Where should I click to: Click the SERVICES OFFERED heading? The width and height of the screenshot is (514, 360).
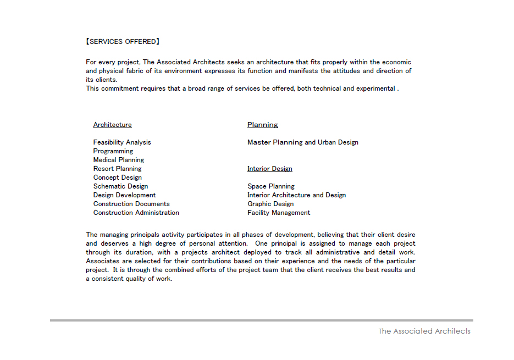click(x=123, y=42)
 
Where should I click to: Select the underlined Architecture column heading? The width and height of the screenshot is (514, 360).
click(x=112, y=125)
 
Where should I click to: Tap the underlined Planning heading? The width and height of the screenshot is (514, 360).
click(x=262, y=125)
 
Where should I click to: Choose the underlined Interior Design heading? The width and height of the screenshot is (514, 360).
click(x=269, y=169)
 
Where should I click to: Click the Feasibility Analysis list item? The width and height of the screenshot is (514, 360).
click(x=121, y=142)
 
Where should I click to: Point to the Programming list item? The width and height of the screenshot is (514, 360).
click(x=113, y=151)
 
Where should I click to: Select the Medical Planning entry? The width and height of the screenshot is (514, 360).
click(x=118, y=160)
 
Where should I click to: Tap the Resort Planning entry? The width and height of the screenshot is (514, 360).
click(x=117, y=169)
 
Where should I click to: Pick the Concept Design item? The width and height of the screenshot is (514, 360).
click(x=117, y=178)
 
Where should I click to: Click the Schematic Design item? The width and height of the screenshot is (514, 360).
click(x=120, y=186)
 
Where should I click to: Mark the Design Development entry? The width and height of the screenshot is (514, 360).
click(x=124, y=195)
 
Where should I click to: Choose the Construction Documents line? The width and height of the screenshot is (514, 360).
click(x=131, y=204)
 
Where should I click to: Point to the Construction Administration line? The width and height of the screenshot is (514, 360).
click(x=136, y=213)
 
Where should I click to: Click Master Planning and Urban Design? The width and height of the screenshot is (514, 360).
click(x=302, y=142)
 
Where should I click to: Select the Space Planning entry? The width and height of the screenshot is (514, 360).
click(x=270, y=186)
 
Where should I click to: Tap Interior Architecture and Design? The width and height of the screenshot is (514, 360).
click(x=296, y=195)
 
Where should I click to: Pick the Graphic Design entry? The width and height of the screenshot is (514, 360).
click(x=270, y=204)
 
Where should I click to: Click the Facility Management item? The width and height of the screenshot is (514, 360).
click(x=278, y=213)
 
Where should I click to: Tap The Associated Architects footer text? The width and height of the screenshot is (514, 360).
click(x=424, y=331)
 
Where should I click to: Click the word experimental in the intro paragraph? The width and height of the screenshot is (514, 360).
click(x=375, y=88)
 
